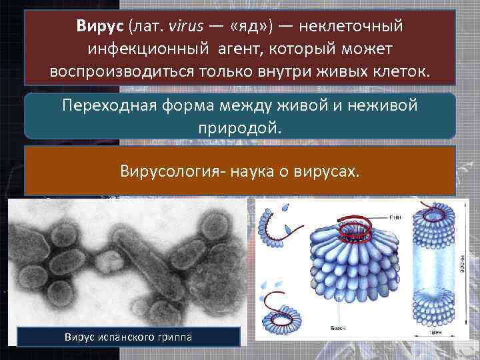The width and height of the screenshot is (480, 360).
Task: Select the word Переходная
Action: click(107, 106)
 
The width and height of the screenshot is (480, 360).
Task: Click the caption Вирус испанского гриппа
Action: click(128, 337)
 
